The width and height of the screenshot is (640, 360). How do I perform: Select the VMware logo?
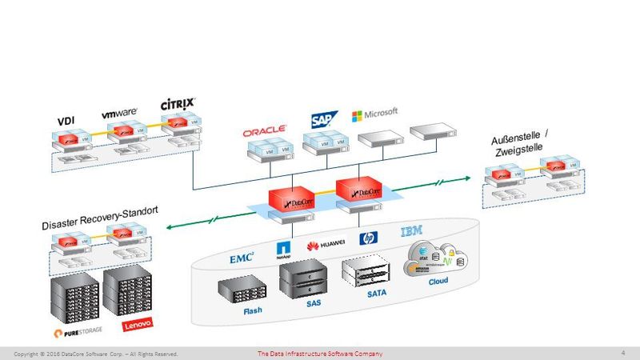pyautogui.click(x=119, y=114)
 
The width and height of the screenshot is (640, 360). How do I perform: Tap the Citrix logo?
pyautogui.click(x=178, y=105)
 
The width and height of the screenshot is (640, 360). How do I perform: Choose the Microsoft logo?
pyautogui.click(x=374, y=114)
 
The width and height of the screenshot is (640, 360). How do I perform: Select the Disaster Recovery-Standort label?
pyautogui.click(x=100, y=219)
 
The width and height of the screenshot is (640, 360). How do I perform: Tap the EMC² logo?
pyautogui.click(x=242, y=258)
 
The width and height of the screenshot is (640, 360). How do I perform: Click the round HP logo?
pyautogui.click(x=368, y=238)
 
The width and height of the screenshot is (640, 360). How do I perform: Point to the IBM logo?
pyautogui.click(x=412, y=232)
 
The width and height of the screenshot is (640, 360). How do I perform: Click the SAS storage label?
pyautogui.click(x=312, y=304)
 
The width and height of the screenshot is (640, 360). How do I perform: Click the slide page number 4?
pyautogui.click(x=622, y=353)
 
